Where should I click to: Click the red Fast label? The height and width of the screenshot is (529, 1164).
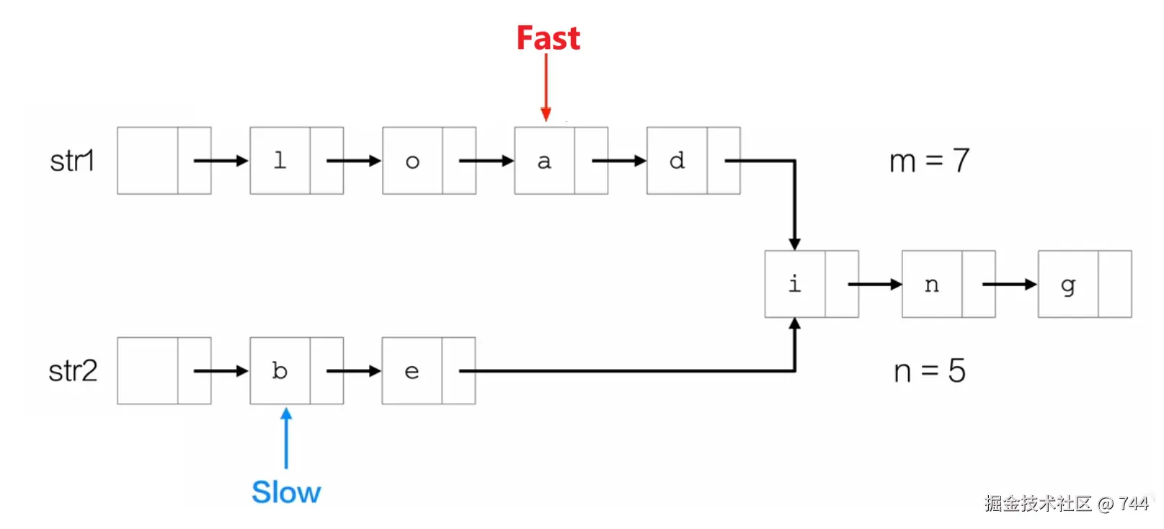coord(548,38)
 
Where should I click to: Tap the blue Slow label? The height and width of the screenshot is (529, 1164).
coord(286,493)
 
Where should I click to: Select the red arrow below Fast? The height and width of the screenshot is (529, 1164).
coord(546,86)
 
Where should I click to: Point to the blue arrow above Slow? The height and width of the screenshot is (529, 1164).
coord(286,438)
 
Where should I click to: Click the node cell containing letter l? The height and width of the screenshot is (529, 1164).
coord(280,161)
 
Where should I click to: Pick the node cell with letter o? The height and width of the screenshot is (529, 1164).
coord(412,161)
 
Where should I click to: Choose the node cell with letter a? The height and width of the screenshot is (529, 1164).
coord(544,161)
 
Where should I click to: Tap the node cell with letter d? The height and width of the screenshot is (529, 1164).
coord(677,161)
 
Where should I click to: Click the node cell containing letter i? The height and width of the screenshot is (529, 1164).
coord(795,284)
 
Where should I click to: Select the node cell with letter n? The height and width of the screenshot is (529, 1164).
coord(932,284)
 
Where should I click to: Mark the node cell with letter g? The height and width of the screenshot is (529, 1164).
coord(1068,284)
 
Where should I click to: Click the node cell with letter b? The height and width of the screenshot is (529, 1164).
coord(280,370)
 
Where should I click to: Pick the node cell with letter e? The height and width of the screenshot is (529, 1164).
coord(412,370)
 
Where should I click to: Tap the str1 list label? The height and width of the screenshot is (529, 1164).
coord(72,161)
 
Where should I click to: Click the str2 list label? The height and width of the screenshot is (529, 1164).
coord(73,371)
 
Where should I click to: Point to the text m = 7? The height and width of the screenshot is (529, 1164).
coord(929,161)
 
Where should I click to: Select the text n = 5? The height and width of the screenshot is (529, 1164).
coord(929,371)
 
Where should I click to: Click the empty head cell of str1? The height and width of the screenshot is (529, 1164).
coord(148,161)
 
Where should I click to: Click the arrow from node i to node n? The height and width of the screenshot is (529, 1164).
coord(874,284)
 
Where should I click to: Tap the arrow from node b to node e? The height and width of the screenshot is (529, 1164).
coord(353,371)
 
